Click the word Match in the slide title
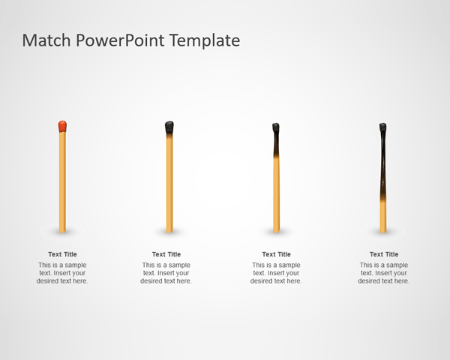click(x=47, y=40)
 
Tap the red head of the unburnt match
click(x=62, y=126)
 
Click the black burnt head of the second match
click(x=169, y=127)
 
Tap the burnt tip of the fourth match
click(x=382, y=127)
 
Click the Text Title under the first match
click(x=62, y=254)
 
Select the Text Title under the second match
click(x=166, y=254)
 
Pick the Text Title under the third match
click(x=276, y=254)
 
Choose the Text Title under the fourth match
click(x=384, y=254)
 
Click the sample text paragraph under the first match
click(x=62, y=273)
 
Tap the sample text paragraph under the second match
click(x=166, y=273)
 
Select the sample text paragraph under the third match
click(x=276, y=273)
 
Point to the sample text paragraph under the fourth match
click(x=384, y=273)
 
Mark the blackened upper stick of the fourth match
click(x=383, y=165)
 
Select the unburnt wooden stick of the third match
click(x=276, y=195)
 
